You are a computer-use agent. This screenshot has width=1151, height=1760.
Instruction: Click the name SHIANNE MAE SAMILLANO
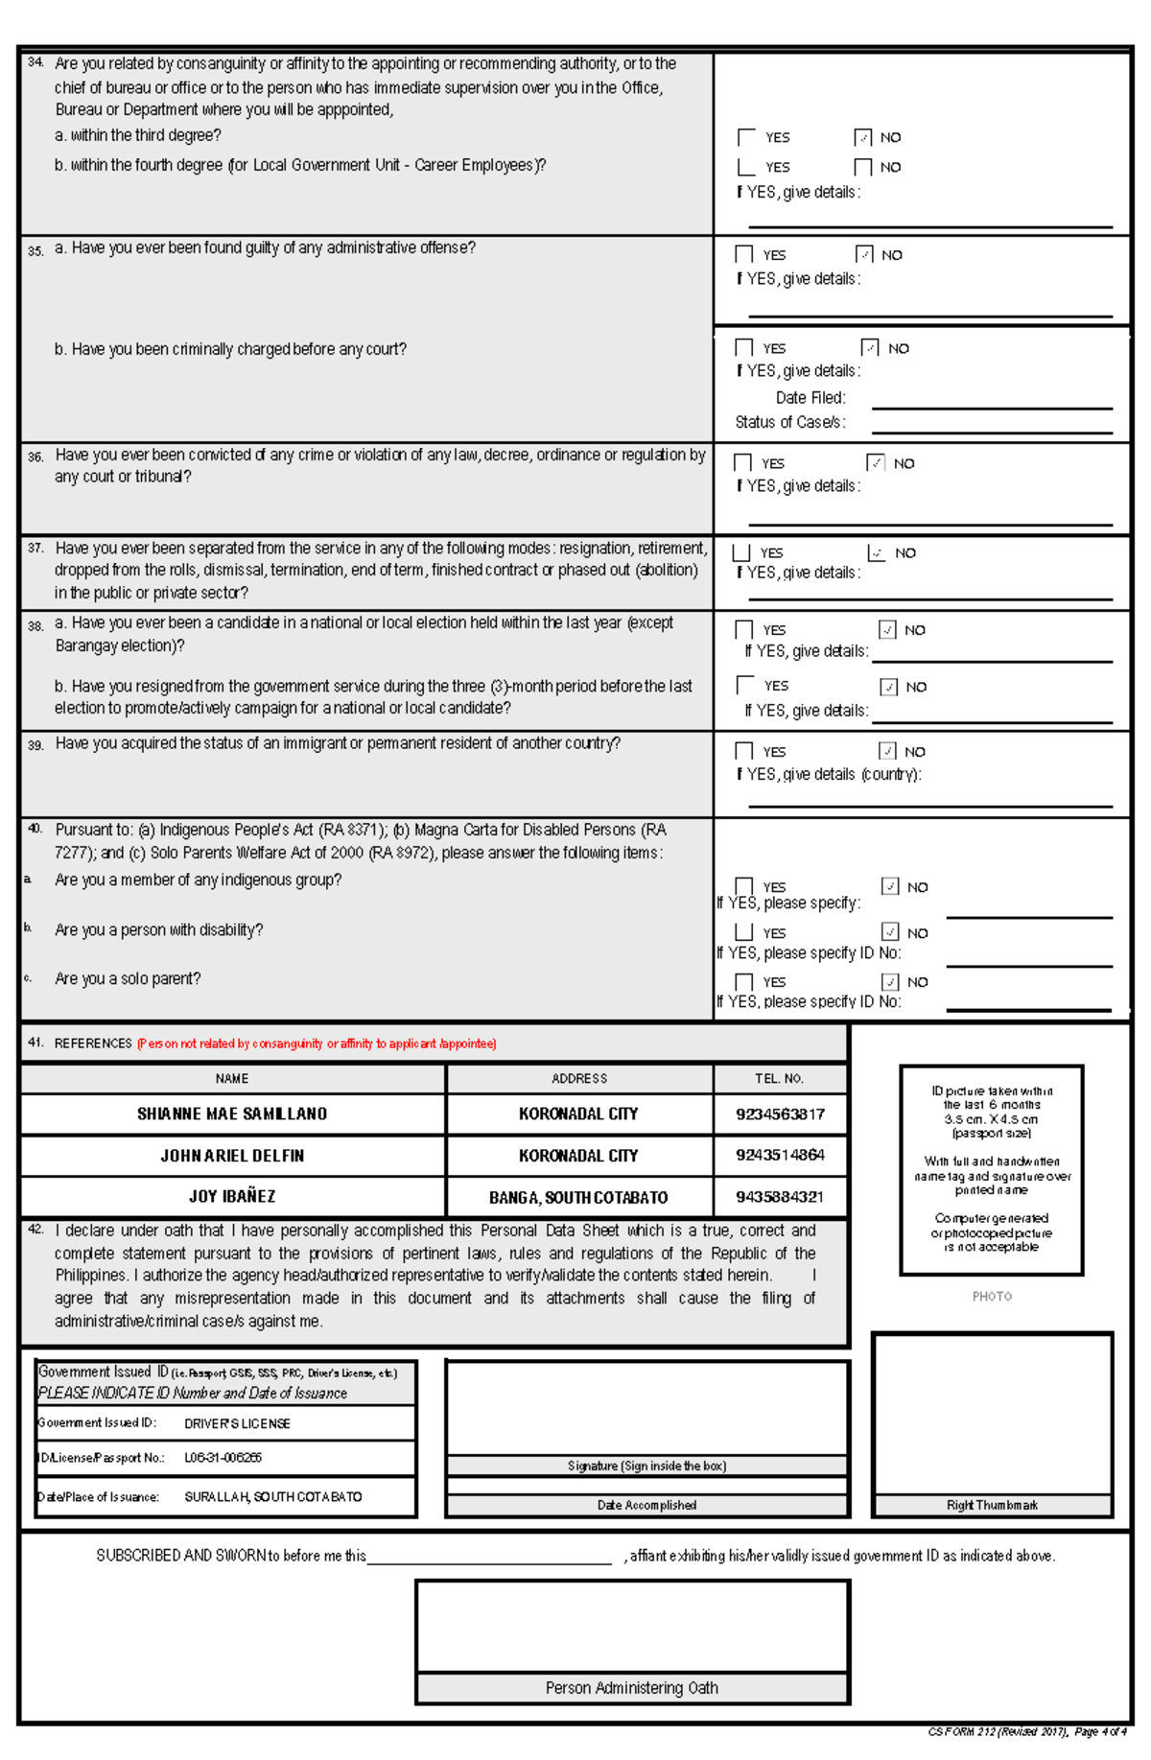pos(232,1114)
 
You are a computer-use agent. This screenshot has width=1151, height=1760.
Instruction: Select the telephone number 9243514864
pos(780,1155)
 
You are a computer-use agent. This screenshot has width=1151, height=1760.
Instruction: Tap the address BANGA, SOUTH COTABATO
pos(578,1197)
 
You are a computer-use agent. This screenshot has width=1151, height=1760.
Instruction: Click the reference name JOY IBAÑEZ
pos(232,1196)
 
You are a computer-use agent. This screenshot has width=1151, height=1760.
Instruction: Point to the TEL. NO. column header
pos(779,1078)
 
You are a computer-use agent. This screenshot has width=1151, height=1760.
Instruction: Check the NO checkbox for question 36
pos(875,462)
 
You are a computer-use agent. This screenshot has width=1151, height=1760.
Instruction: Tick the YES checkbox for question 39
pos(743,751)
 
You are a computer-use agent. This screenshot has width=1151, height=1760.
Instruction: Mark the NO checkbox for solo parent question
pos(890,981)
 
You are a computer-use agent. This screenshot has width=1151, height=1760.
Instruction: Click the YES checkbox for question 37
pos(740,552)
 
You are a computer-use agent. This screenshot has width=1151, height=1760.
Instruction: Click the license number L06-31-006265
pos(223,1457)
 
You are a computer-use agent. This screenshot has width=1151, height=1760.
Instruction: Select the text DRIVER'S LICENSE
pos(237,1423)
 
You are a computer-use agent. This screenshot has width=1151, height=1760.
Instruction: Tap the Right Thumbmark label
pos(992,1505)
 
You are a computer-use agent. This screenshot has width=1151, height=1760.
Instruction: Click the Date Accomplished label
pos(646,1505)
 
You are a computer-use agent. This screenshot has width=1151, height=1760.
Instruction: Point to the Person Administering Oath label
pos(631,1688)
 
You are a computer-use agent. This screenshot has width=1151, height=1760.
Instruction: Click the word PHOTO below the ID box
pos(992,1296)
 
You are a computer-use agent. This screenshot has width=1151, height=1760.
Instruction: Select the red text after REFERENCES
pos(317,1044)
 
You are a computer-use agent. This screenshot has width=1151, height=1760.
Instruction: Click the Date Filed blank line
pos(991,407)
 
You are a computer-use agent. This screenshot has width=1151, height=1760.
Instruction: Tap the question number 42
pos(35,1230)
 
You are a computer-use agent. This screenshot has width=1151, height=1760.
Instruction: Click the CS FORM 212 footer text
pos(1026,1731)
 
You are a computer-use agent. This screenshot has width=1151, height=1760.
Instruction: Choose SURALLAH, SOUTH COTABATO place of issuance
pos(273,1496)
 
